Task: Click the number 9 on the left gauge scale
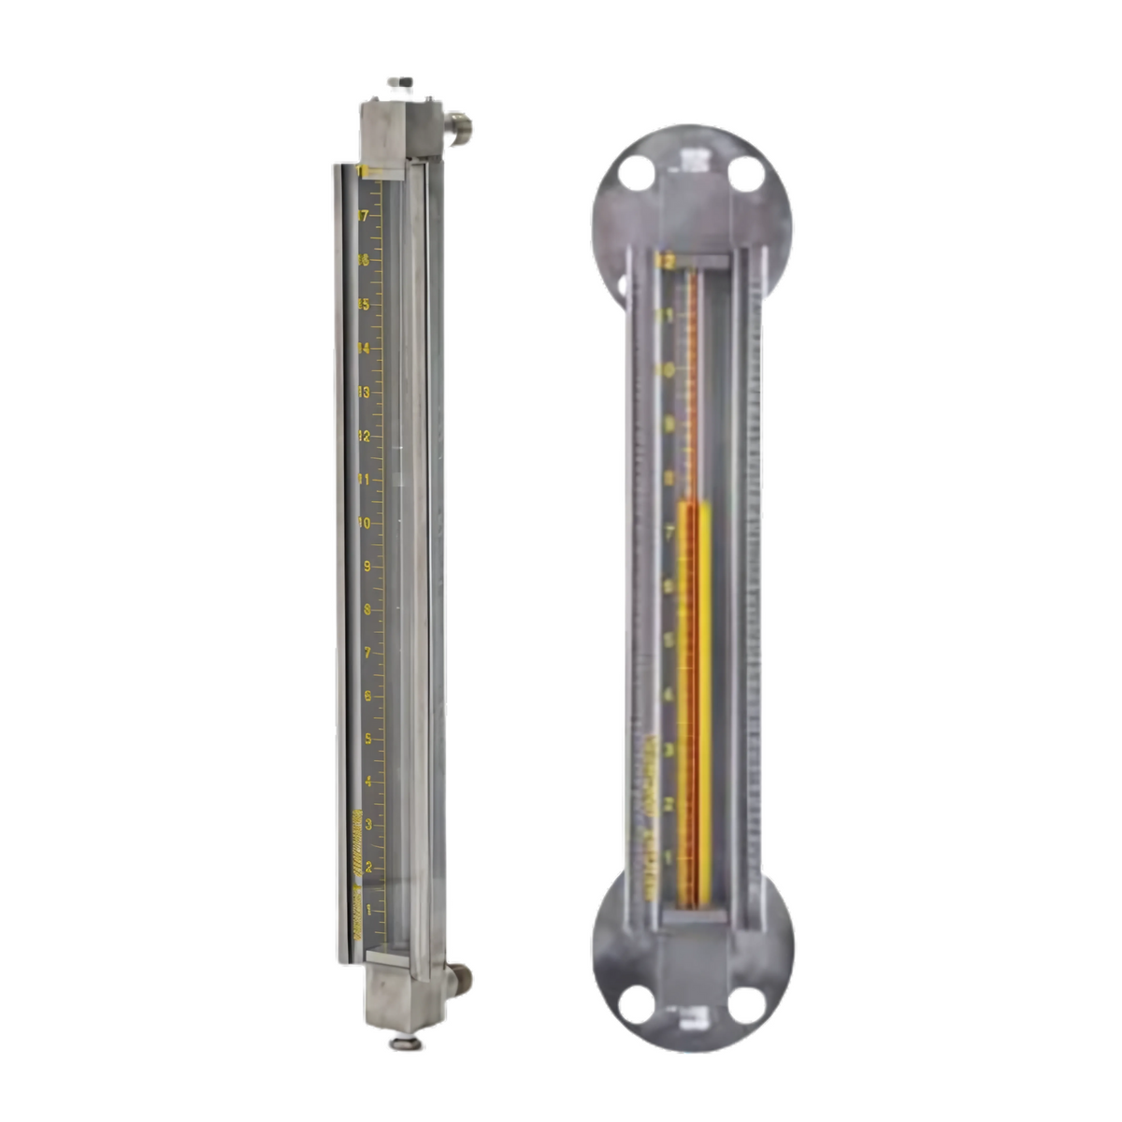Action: (x=367, y=567)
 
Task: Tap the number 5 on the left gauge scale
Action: (x=367, y=739)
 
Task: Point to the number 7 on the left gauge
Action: (x=367, y=653)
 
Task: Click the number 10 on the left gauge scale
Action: (x=365, y=523)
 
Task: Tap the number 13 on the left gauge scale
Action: (x=365, y=393)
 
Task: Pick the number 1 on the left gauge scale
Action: (x=368, y=909)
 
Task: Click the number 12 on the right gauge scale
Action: (x=666, y=262)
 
